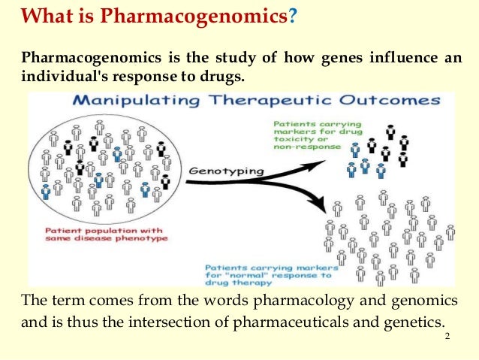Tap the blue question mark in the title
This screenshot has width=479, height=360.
point(293,17)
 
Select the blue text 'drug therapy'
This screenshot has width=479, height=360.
point(239,283)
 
